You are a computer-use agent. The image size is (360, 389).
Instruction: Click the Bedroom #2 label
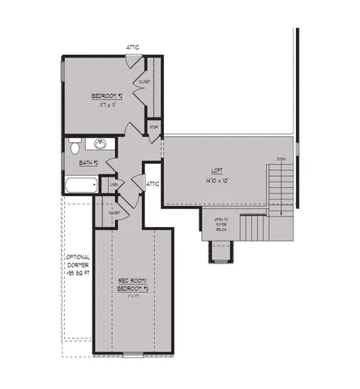pos(107,96)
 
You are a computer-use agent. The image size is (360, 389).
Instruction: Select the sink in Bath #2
pos(101,145)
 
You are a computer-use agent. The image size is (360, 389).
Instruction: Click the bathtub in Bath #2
pos(79,187)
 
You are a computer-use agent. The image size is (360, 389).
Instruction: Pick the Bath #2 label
pos(89,163)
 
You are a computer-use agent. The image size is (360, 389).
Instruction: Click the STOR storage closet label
pos(153,126)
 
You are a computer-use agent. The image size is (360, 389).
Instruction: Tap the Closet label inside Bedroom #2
pos(145,82)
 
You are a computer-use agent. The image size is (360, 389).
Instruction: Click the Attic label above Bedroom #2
pos(133,47)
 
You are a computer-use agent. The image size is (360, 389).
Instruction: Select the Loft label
pos(216,170)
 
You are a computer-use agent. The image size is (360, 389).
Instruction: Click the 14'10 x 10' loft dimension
pos(216,179)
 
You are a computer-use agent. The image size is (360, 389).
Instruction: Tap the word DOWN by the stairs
pos(281,159)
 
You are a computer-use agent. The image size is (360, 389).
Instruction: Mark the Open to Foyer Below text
pos(221,224)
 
